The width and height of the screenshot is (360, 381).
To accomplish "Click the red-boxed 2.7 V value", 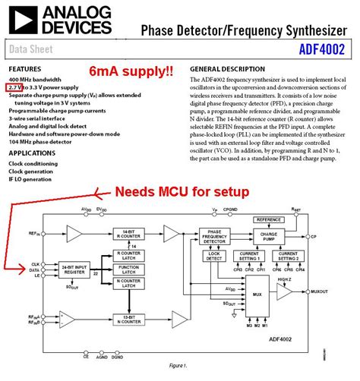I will [17, 89].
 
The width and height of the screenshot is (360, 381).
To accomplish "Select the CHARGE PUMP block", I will [273, 237].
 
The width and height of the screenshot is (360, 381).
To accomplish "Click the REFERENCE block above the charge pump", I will [268, 219].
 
